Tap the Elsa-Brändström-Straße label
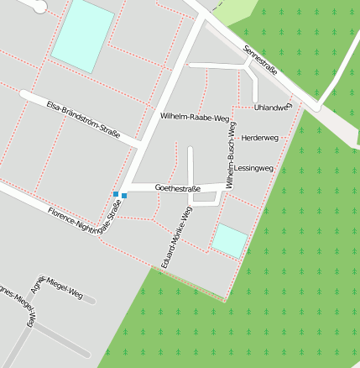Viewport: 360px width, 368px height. (x=83, y=119)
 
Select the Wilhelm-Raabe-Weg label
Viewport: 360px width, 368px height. (x=194, y=117)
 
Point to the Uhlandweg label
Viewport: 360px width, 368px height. (x=272, y=108)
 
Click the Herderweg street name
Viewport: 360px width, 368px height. (x=259, y=137)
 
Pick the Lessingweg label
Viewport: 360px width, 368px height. (x=254, y=169)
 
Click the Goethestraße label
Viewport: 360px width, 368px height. (x=178, y=188)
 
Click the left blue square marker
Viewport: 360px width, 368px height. (x=116, y=194)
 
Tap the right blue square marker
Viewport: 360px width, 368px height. (x=124, y=196)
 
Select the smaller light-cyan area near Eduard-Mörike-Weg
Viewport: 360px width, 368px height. (x=229, y=241)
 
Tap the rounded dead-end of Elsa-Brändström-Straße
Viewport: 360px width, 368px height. (x=25, y=96)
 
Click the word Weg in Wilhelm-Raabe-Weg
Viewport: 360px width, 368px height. (x=221, y=118)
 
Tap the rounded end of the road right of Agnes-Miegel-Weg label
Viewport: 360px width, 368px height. (x=91, y=299)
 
